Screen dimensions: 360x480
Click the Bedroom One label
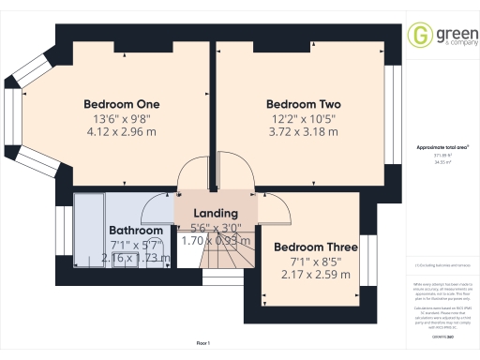(x=122, y=103)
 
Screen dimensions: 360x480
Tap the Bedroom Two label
(x=303, y=103)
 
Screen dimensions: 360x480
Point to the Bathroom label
(x=136, y=230)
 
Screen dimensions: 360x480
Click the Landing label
(x=214, y=213)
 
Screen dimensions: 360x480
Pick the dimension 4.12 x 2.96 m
(x=122, y=133)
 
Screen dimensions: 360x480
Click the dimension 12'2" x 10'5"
(x=303, y=119)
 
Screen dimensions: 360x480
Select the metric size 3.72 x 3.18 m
(x=303, y=133)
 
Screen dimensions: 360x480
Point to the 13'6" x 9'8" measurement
(x=122, y=119)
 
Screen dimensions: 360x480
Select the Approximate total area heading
(x=442, y=148)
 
